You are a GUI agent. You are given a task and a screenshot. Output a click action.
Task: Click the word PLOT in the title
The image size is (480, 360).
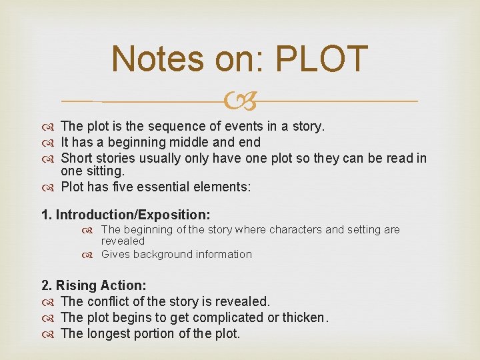pyautogui.click(x=321, y=59)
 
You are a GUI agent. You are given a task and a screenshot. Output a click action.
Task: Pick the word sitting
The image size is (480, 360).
pyautogui.click(x=106, y=171)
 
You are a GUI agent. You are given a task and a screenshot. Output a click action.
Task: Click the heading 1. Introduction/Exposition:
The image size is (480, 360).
pyautogui.click(x=125, y=215)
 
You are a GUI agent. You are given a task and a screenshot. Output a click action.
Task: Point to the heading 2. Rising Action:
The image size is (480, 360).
pyautogui.click(x=93, y=285)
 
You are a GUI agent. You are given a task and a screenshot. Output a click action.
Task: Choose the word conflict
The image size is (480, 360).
pyautogui.click(x=109, y=301)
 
